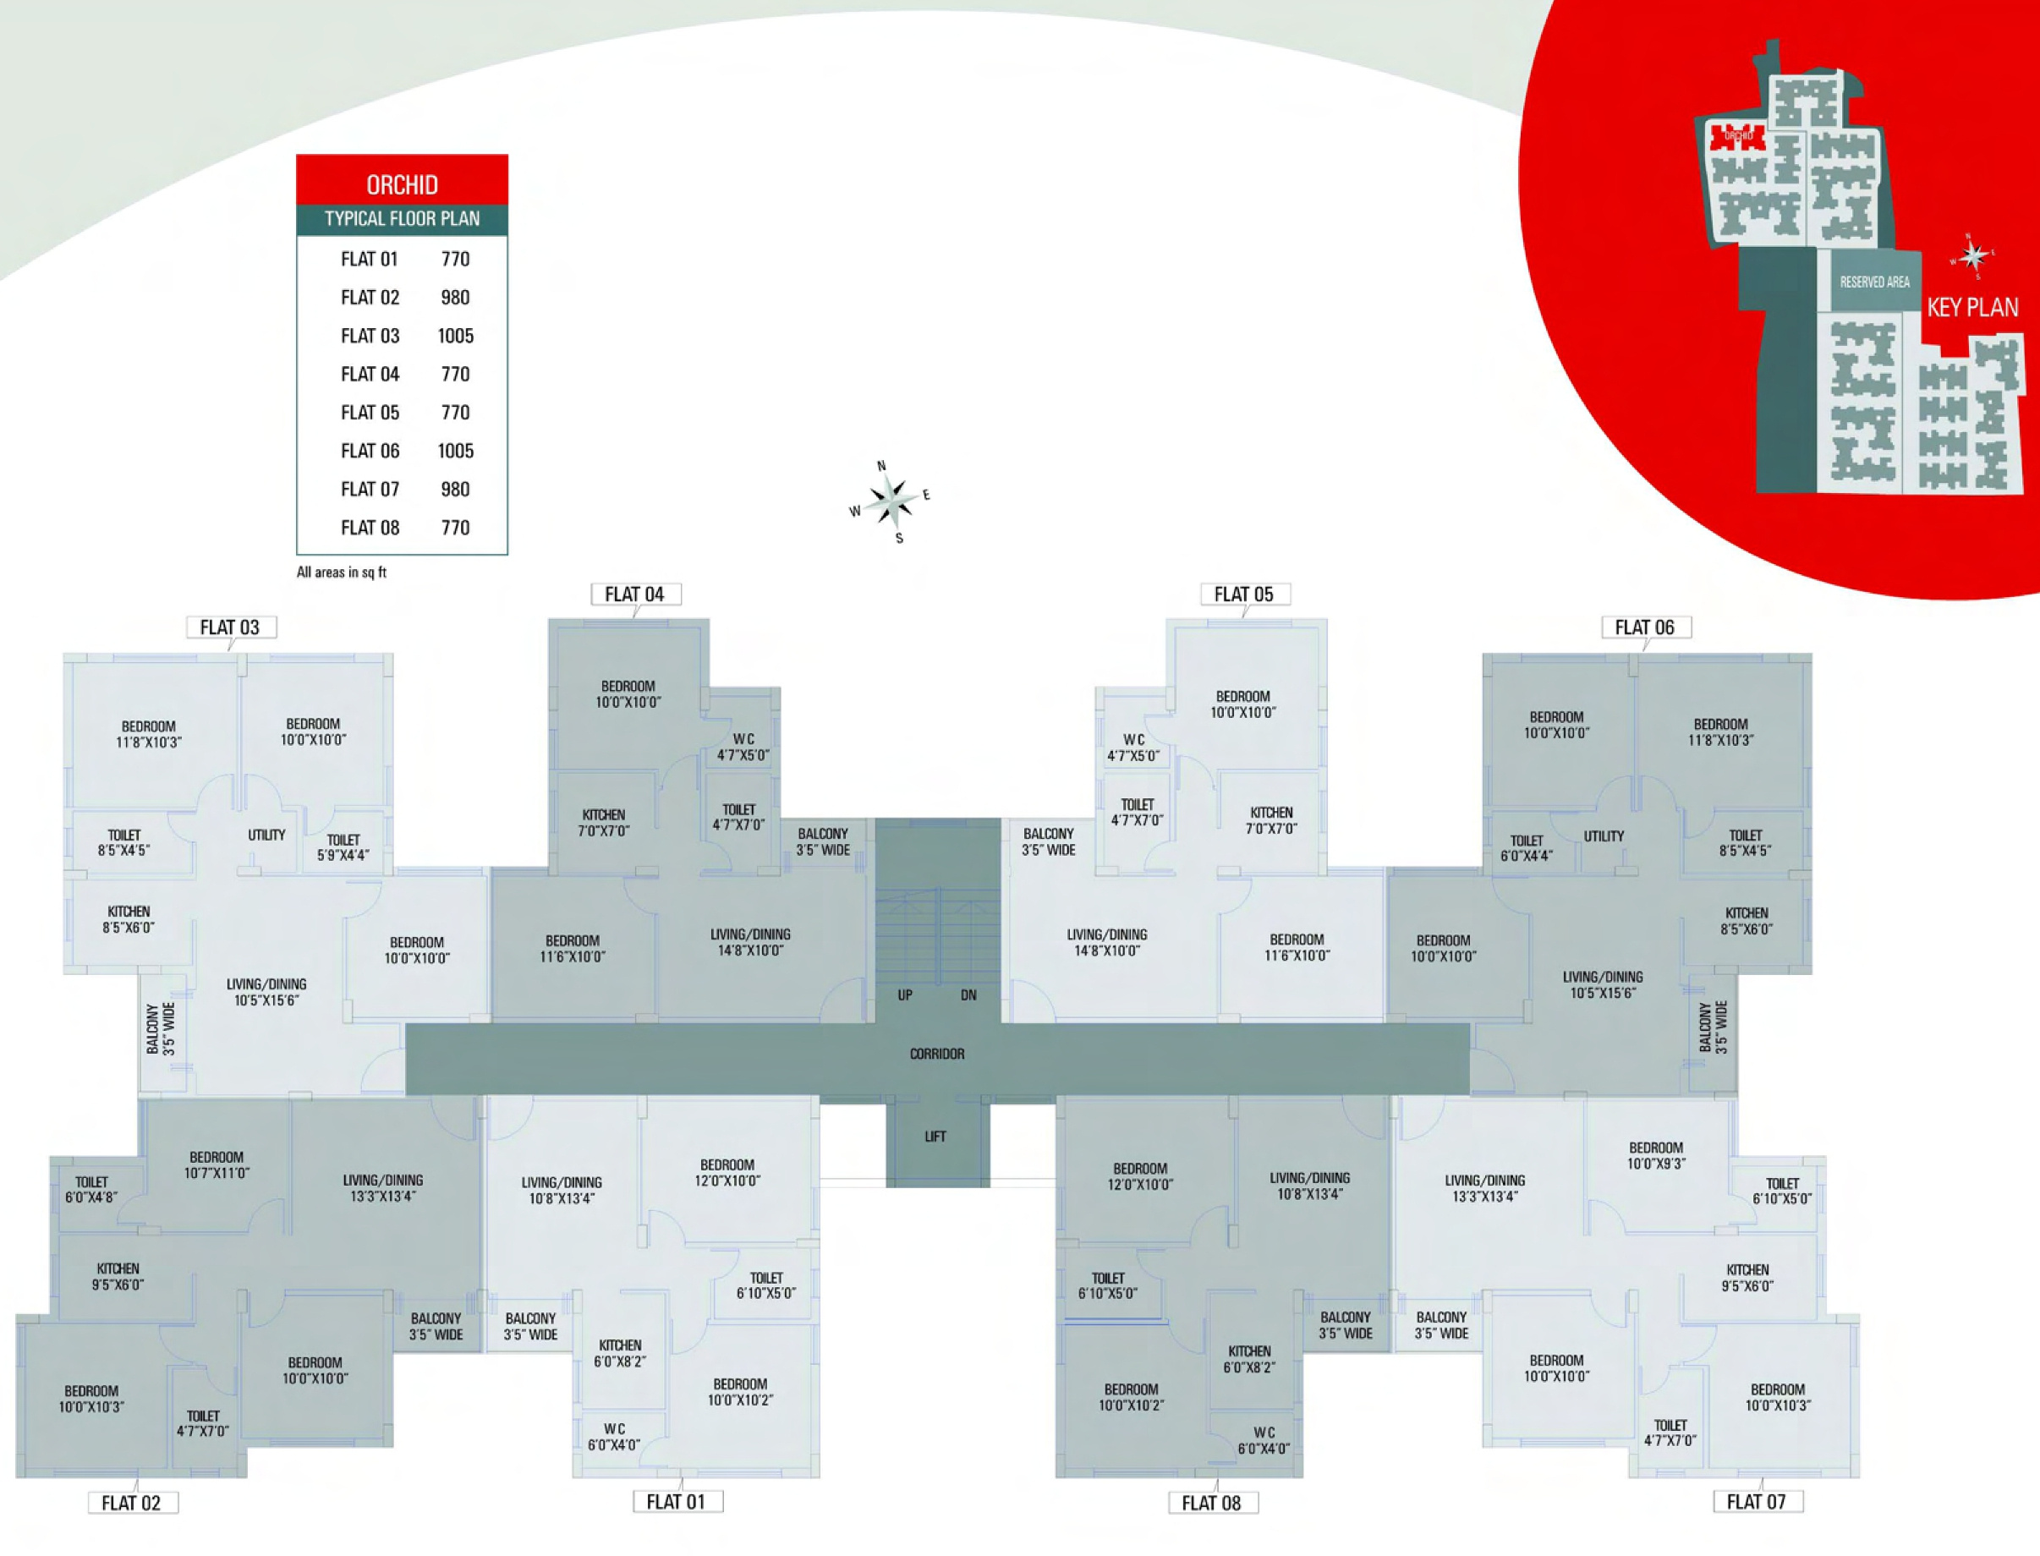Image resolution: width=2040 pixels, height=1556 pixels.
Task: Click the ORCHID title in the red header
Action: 402,184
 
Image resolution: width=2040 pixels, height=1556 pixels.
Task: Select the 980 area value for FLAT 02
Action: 455,298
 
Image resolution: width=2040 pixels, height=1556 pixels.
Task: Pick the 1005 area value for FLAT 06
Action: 455,451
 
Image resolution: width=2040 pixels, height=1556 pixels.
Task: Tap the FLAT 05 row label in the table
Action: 370,412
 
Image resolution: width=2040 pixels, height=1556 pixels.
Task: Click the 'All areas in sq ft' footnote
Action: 341,573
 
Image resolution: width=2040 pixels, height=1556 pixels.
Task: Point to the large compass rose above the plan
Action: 891,501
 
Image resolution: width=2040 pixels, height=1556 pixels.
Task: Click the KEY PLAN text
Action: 1971,308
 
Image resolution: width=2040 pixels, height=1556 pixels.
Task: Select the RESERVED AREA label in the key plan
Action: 1874,282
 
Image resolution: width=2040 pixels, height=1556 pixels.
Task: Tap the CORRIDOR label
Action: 936,1054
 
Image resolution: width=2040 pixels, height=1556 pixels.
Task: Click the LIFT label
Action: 935,1137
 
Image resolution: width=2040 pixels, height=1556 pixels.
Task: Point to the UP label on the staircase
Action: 905,995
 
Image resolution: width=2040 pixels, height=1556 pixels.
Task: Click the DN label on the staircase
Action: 968,995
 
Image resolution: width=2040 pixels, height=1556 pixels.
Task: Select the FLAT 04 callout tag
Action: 634,594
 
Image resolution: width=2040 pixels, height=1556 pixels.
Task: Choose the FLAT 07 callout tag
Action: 1756,1501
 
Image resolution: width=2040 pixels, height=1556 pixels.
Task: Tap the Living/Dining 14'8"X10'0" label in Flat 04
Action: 750,942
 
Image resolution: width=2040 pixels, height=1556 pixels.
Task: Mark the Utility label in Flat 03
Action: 266,836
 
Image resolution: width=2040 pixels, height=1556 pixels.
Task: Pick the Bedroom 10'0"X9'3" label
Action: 1655,1155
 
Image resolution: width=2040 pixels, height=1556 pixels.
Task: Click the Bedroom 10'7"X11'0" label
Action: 216,1164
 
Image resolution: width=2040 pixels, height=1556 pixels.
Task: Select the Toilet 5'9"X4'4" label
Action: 343,847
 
